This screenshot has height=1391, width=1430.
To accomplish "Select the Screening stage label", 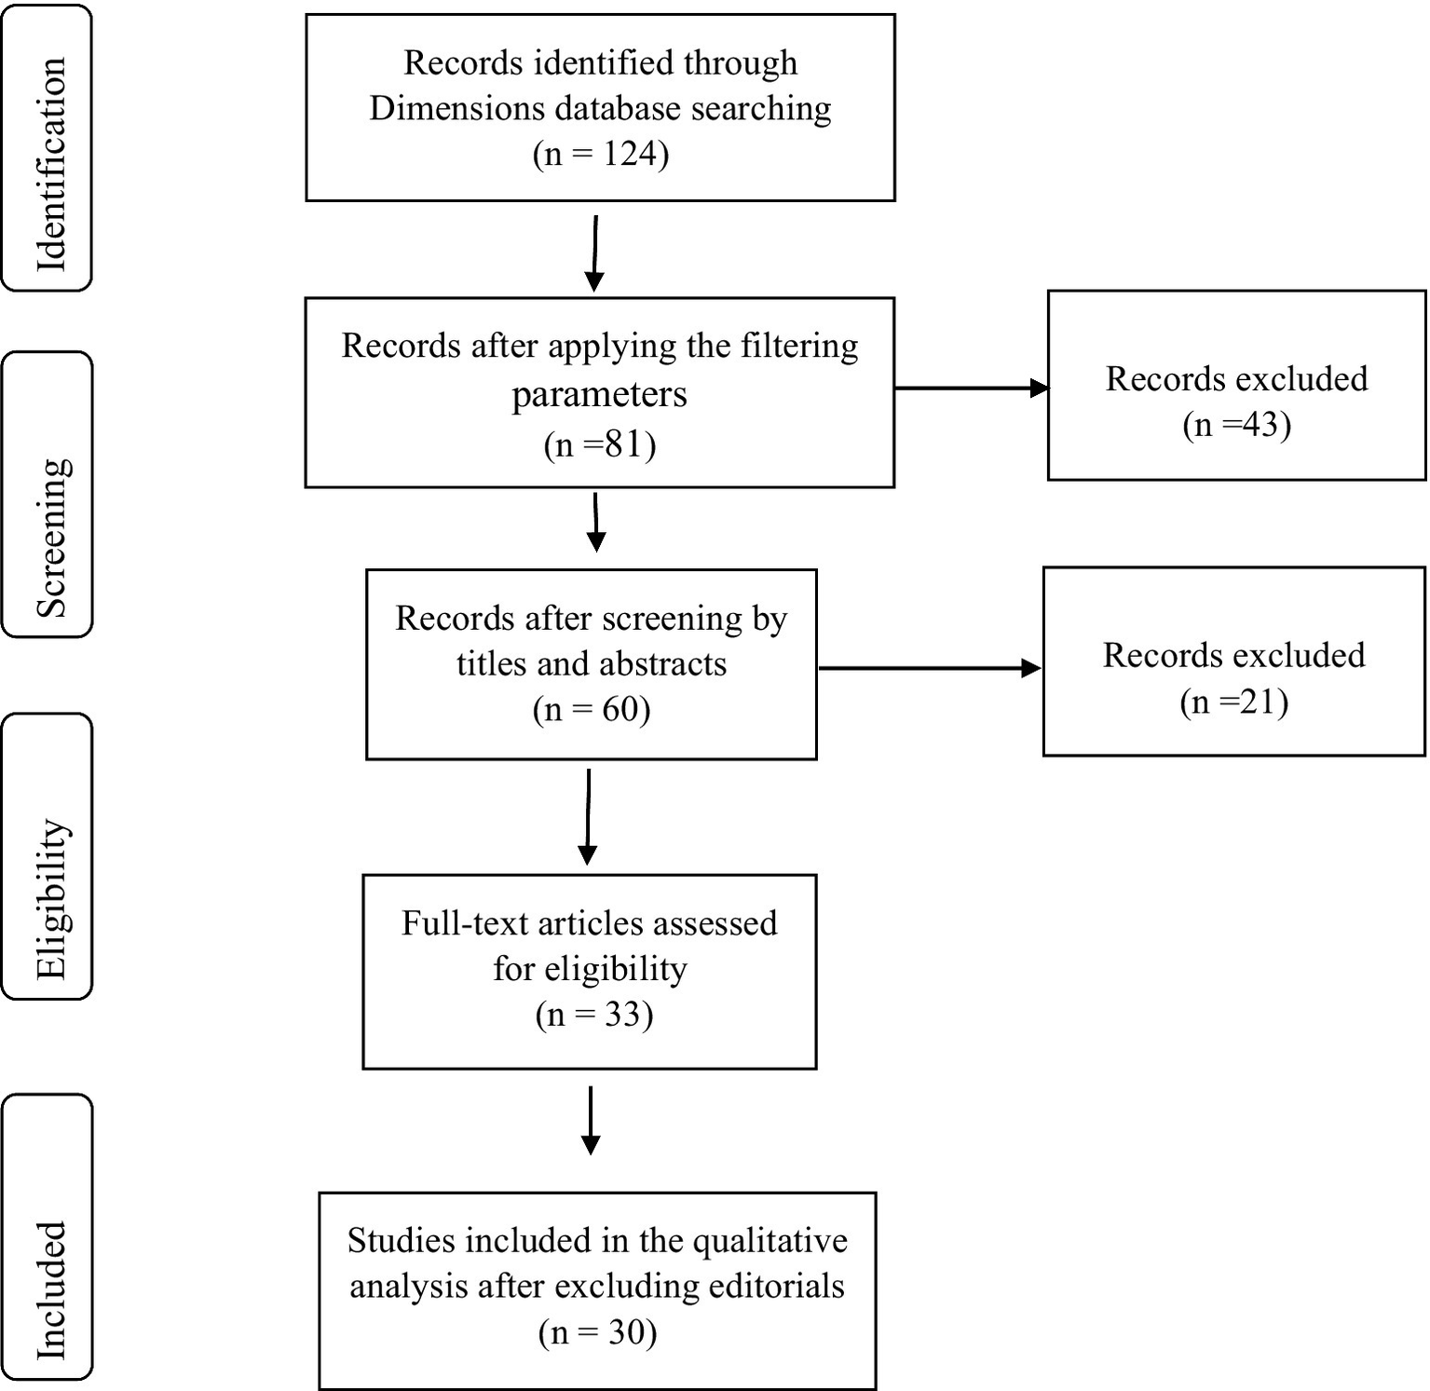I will tap(48, 495).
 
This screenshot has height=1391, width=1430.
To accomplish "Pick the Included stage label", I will tap(48, 1237).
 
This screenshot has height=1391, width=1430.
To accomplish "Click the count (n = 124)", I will tap(601, 154).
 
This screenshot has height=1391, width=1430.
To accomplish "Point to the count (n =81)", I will tap(600, 445).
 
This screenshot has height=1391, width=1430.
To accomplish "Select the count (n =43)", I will tap(1236, 426).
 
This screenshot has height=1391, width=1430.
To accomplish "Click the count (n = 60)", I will tap(592, 710).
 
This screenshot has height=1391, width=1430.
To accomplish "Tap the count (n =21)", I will tap(1233, 702).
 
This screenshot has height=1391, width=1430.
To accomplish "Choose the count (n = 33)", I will tap(594, 1015).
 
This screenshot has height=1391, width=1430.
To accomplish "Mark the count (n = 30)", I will tap(598, 1332).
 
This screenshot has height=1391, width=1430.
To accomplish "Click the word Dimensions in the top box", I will tap(456, 109).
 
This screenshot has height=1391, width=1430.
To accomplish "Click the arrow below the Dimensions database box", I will tap(594, 253).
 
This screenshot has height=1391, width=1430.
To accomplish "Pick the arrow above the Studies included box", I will tap(591, 1120).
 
